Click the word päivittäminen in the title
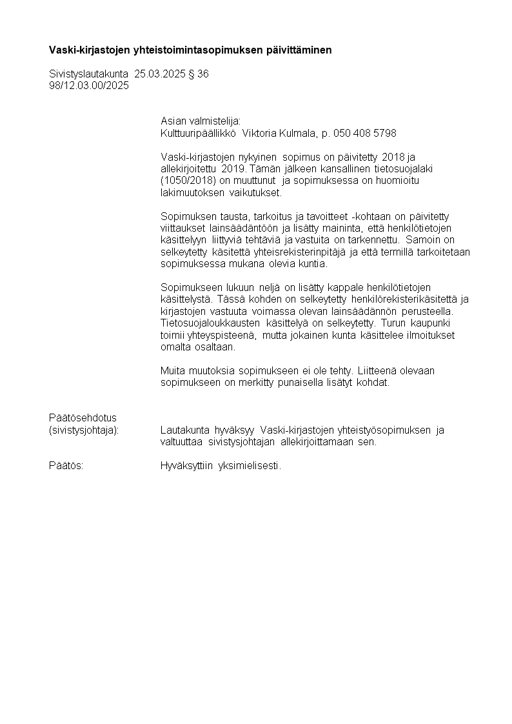tap(299, 50)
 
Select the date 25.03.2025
tap(160, 74)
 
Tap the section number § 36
tap(199, 74)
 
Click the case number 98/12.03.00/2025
tap(89, 85)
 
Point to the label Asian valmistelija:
tap(200, 121)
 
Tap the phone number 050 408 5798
tap(364, 133)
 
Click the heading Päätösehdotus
tap(83, 417)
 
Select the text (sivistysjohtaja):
tap(84, 430)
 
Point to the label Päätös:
tap(66, 465)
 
